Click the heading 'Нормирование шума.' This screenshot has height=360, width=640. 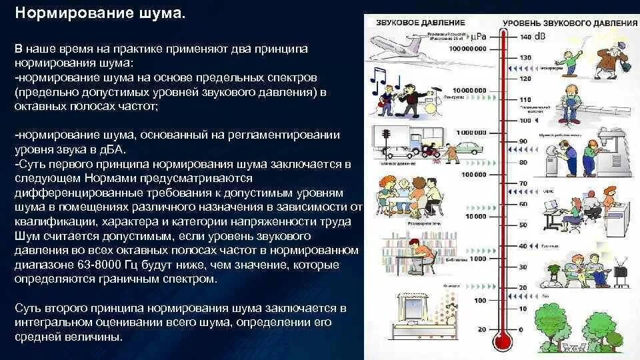99,14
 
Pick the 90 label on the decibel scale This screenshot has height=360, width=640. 523,141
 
